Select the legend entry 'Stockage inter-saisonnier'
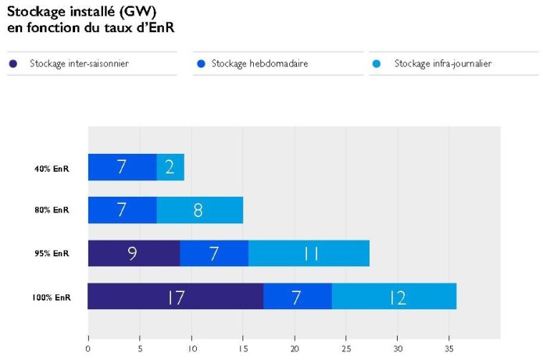[x=79, y=63]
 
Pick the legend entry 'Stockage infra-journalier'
[x=442, y=63]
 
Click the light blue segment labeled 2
[x=170, y=167]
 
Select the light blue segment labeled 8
[x=199, y=210]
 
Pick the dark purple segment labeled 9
[x=134, y=253]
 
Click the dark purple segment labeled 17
[x=175, y=297]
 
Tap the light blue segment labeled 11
[x=309, y=253]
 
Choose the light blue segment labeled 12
[x=394, y=297]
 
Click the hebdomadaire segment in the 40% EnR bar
[x=122, y=167]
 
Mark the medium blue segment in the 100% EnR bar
[x=298, y=297]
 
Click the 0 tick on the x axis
[x=88, y=348]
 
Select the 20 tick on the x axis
[x=295, y=348]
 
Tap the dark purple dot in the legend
[x=13, y=63]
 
